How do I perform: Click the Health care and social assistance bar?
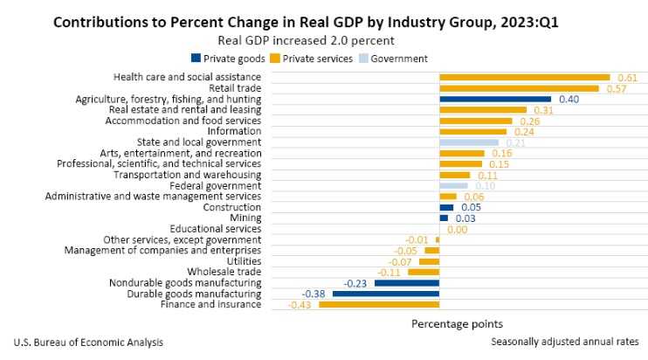click(x=524, y=78)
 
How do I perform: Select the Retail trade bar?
click(x=519, y=88)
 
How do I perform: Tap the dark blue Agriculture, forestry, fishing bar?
click(x=495, y=100)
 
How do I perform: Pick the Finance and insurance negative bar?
click(x=379, y=304)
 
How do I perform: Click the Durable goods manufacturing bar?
click(x=386, y=294)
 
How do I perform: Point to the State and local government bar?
click(x=469, y=142)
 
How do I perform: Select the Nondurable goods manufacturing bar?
click(x=407, y=283)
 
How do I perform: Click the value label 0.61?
click(x=627, y=78)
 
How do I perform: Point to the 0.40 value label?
click(x=569, y=100)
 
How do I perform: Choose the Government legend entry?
click(x=392, y=59)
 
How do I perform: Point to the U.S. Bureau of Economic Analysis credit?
click(x=88, y=342)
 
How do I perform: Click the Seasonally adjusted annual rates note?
click(x=564, y=342)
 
